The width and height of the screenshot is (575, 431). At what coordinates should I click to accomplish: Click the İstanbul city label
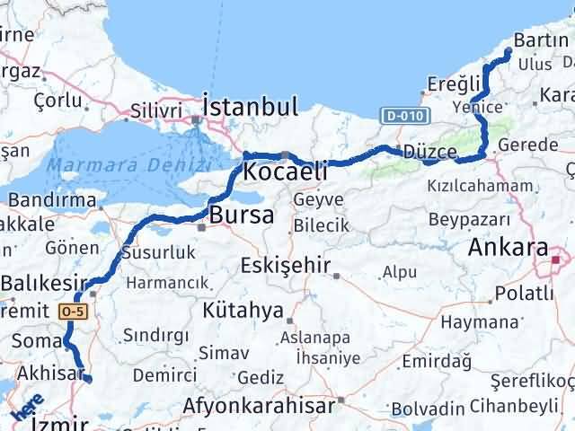point(251,107)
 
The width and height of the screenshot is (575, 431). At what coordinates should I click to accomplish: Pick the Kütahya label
point(243,310)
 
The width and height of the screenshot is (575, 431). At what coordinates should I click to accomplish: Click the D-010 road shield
point(403,115)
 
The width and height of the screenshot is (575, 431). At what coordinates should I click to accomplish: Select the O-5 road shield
point(74,310)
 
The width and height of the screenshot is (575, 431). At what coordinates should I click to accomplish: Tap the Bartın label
point(542,40)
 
